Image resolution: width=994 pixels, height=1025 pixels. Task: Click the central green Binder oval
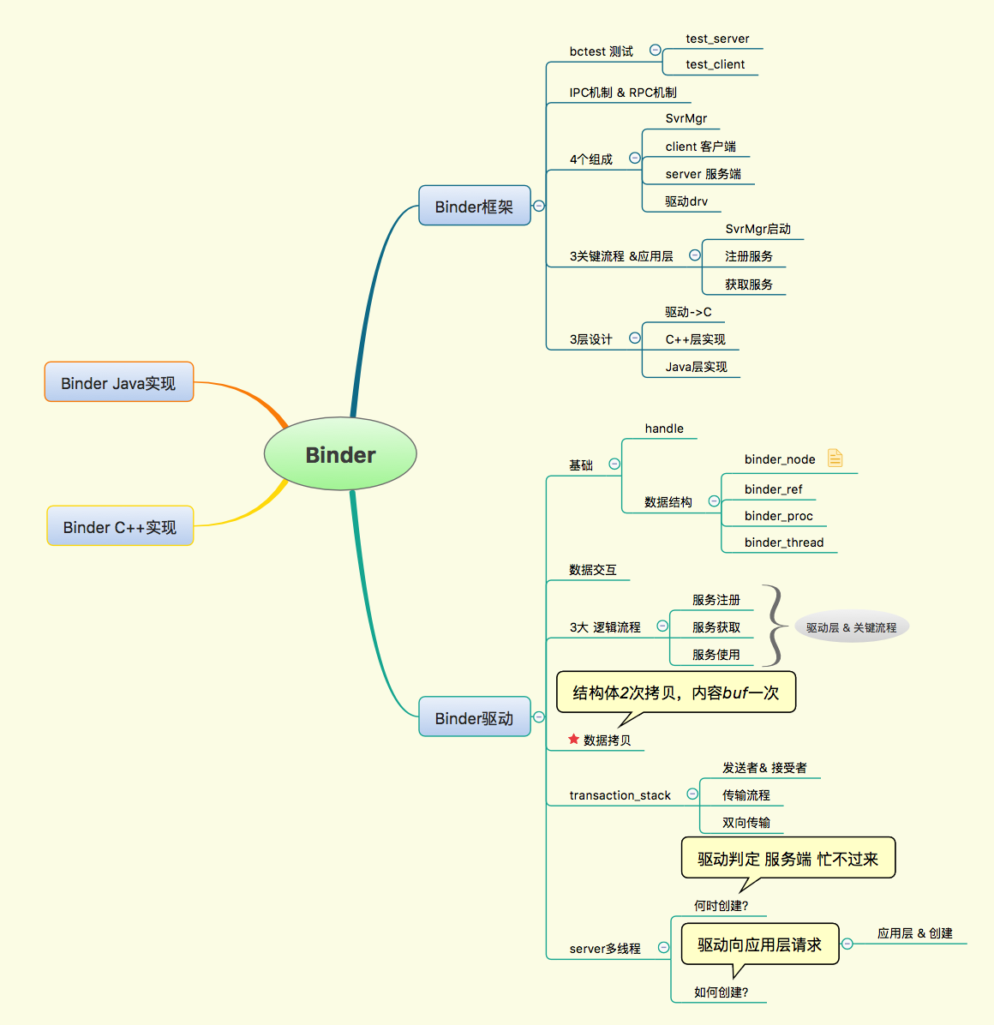click(x=340, y=454)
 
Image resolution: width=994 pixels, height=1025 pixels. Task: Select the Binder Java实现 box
click(x=119, y=382)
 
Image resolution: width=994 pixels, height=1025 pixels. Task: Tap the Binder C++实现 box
click(x=120, y=526)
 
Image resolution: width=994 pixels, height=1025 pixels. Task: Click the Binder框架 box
click(x=474, y=206)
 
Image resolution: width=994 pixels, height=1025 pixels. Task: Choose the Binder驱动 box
click(x=474, y=717)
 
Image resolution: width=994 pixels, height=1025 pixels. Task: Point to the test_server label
click(x=717, y=39)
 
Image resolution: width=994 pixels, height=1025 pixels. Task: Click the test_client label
click(x=715, y=64)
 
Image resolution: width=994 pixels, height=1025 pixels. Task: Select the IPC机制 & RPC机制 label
click(x=623, y=93)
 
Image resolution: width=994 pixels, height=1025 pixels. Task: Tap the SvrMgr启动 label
click(x=757, y=229)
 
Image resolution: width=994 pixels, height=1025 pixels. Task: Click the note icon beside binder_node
click(x=835, y=459)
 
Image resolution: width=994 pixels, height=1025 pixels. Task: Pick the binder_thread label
click(x=783, y=542)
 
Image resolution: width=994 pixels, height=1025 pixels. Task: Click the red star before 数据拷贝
click(x=573, y=739)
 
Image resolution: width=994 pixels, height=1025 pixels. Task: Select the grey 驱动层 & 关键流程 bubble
click(x=851, y=627)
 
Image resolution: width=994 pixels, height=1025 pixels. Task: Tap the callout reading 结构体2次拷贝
click(x=676, y=692)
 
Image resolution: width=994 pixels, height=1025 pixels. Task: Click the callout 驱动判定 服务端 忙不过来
click(x=787, y=859)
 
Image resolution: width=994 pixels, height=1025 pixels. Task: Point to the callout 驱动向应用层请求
click(x=759, y=944)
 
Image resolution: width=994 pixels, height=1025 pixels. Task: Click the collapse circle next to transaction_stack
click(x=692, y=794)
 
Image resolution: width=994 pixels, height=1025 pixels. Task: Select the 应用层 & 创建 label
click(x=914, y=933)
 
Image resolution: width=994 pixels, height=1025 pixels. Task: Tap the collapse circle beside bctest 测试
click(x=656, y=50)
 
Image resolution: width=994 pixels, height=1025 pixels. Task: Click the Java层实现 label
click(x=696, y=367)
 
